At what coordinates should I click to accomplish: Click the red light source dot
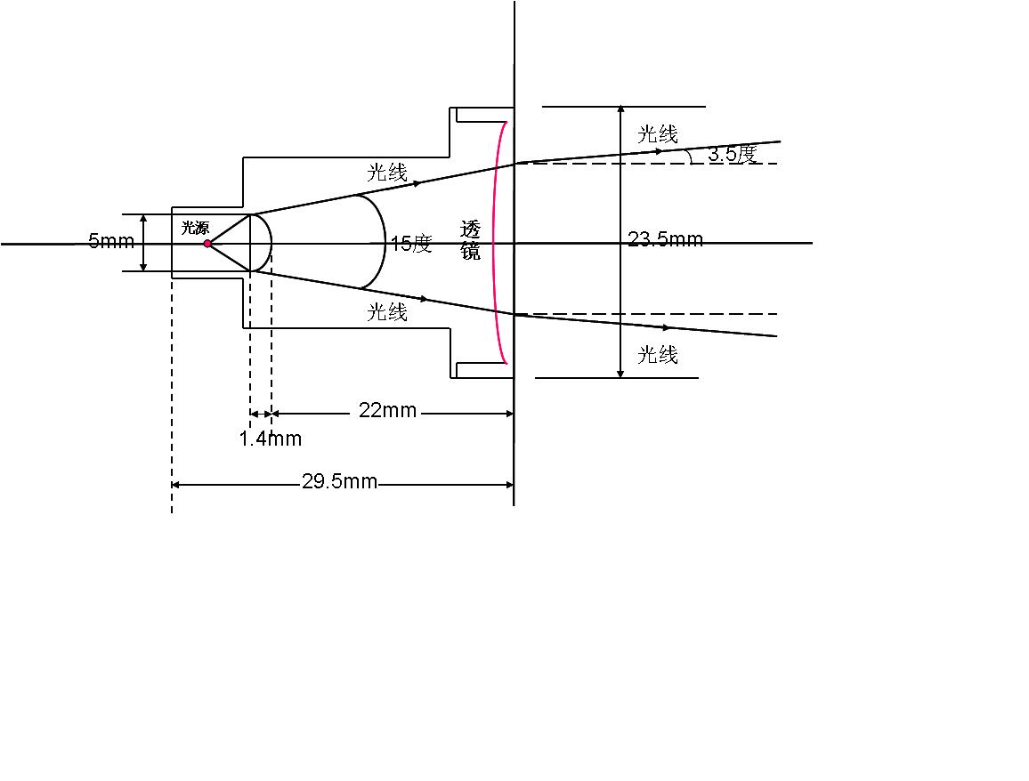[x=207, y=243]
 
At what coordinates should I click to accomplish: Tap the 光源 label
[x=195, y=228]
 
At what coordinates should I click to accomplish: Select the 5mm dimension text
[x=111, y=241]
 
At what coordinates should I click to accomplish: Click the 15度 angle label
[x=411, y=244]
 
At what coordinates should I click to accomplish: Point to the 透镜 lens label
[x=470, y=241]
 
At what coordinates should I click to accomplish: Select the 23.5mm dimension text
[x=666, y=238]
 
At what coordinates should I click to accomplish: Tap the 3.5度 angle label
[x=733, y=154]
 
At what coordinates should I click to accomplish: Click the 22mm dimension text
[x=387, y=410]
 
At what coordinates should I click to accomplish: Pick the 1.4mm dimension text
[x=271, y=439]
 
